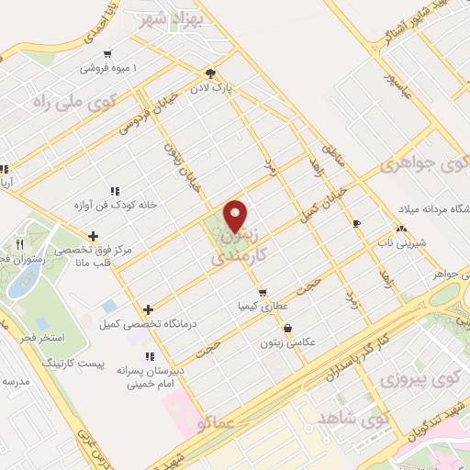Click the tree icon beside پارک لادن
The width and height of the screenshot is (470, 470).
211,73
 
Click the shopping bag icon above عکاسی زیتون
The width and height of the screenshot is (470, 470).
288,327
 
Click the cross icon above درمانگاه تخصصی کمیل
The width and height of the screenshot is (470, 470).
147,309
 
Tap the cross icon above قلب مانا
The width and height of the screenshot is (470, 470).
93,237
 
